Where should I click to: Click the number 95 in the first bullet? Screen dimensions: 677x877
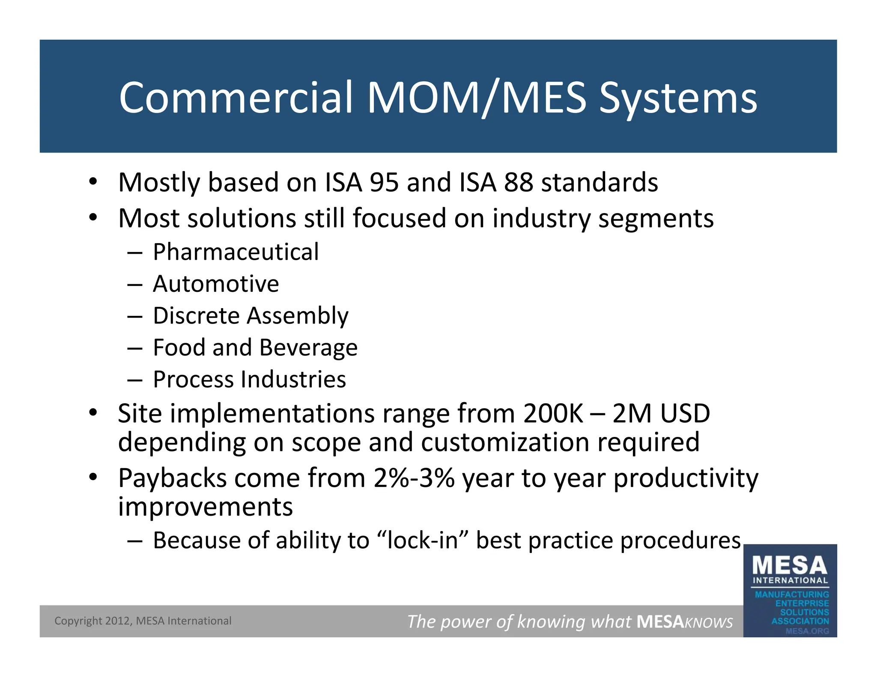pyautogui.click(x=384, y=182)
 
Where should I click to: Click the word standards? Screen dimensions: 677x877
pyautogui.click(x=600, y=182)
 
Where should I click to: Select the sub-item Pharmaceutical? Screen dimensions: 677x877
pyautogui.click(x=236, y=252)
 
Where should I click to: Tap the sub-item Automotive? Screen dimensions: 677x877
pyautogui.click(x=216, y=284)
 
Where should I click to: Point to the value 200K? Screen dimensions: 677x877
pyautogui.click(x=553, y=414)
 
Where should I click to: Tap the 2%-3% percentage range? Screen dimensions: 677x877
pyautogui.click(x=414, y=478)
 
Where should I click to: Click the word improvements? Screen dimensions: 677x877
pyautogui.click(x=206, y=507)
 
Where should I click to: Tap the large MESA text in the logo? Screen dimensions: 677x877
pyautogui.click(x=790, y=566)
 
